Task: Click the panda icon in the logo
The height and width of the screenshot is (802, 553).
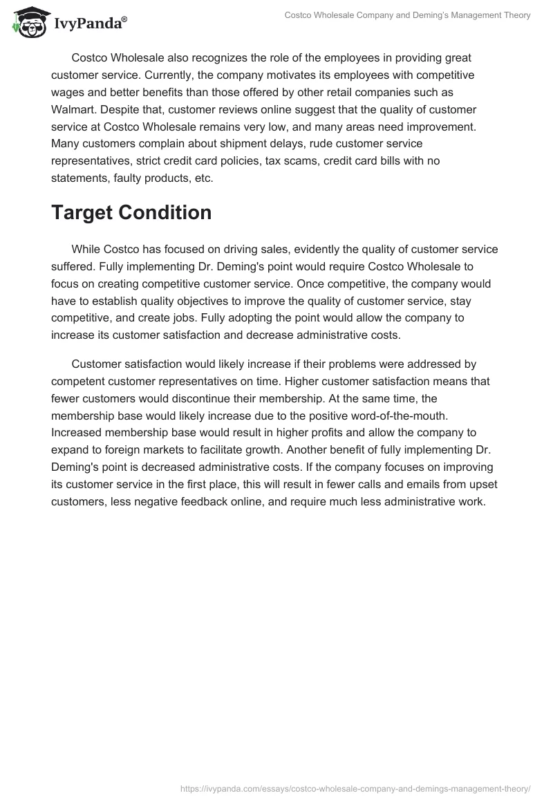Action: coord(28,23)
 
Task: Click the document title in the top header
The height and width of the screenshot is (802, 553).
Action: coord(407,15)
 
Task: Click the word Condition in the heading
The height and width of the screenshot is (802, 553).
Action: coord(168,213)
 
